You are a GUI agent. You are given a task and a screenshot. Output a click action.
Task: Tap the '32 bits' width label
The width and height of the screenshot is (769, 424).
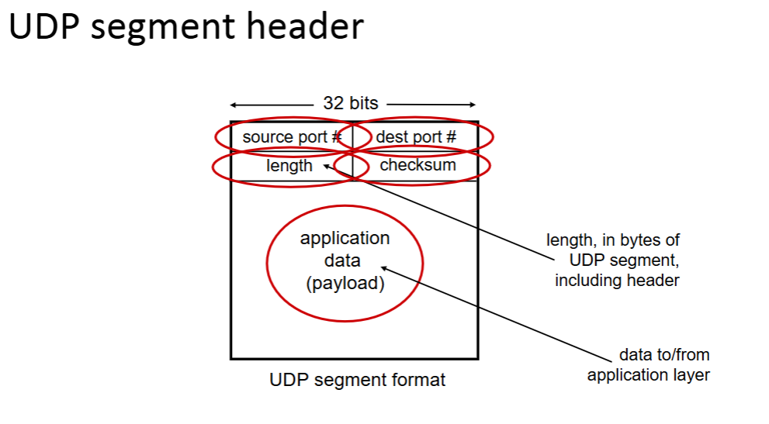click(351, 104)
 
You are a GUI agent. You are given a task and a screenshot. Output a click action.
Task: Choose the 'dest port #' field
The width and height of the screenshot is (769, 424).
click(416, 137)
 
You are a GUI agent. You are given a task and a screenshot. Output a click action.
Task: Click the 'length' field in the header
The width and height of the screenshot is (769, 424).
click(289, 166)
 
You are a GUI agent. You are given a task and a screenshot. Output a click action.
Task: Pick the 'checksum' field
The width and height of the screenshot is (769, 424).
click(417, 165)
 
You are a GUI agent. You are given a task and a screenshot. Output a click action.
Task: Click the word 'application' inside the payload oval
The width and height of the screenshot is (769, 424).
click(345, 238)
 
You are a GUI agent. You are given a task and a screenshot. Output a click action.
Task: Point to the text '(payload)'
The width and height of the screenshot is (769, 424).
click(345, 284)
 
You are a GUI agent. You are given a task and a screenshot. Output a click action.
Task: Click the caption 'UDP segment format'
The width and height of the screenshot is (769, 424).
click(358, 381)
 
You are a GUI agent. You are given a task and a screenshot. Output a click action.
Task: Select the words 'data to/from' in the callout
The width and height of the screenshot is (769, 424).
click(664, 355)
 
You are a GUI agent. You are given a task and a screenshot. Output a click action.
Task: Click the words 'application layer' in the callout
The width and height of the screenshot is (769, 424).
click(649, 375)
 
